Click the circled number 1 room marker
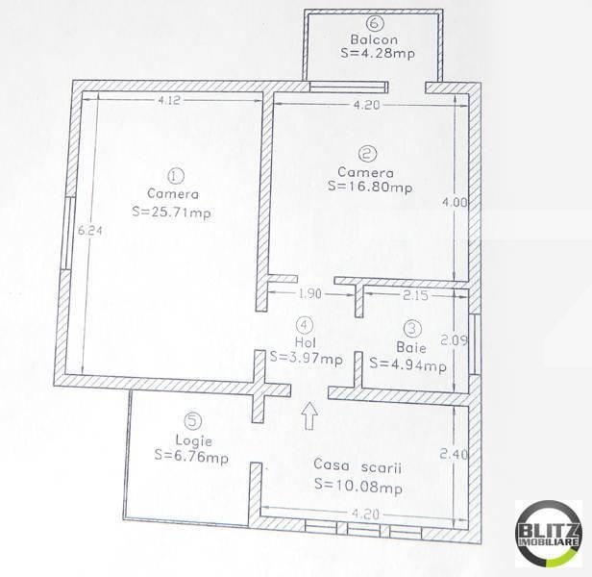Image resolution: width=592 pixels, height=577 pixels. pyautogui.click(x=174, y=176)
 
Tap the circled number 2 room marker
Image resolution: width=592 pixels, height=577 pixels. pyautogui.click(x=366, y=153)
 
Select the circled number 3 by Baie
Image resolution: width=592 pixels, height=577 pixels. pyautogui.click(x=410, y=327)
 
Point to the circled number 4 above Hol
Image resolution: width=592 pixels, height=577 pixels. pyautogui.click(x=305, y=325)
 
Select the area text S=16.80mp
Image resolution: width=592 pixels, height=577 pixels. pyautogui.click(x=370, y=188)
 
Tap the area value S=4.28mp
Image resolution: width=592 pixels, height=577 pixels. pyautogui.click(x=376, y=56)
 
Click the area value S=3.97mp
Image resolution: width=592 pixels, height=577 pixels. pyautogui.click(x=306, y=360)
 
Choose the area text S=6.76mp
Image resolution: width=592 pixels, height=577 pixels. pyautogui.click(x=190, y=456)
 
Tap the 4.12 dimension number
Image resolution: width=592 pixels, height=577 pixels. pyautogui.click(x=170, y=100)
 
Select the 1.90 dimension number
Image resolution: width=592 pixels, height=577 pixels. pyautogui.click(x=310, y=294)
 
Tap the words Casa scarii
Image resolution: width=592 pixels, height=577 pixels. pyautogui.click(x=357, y=465)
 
